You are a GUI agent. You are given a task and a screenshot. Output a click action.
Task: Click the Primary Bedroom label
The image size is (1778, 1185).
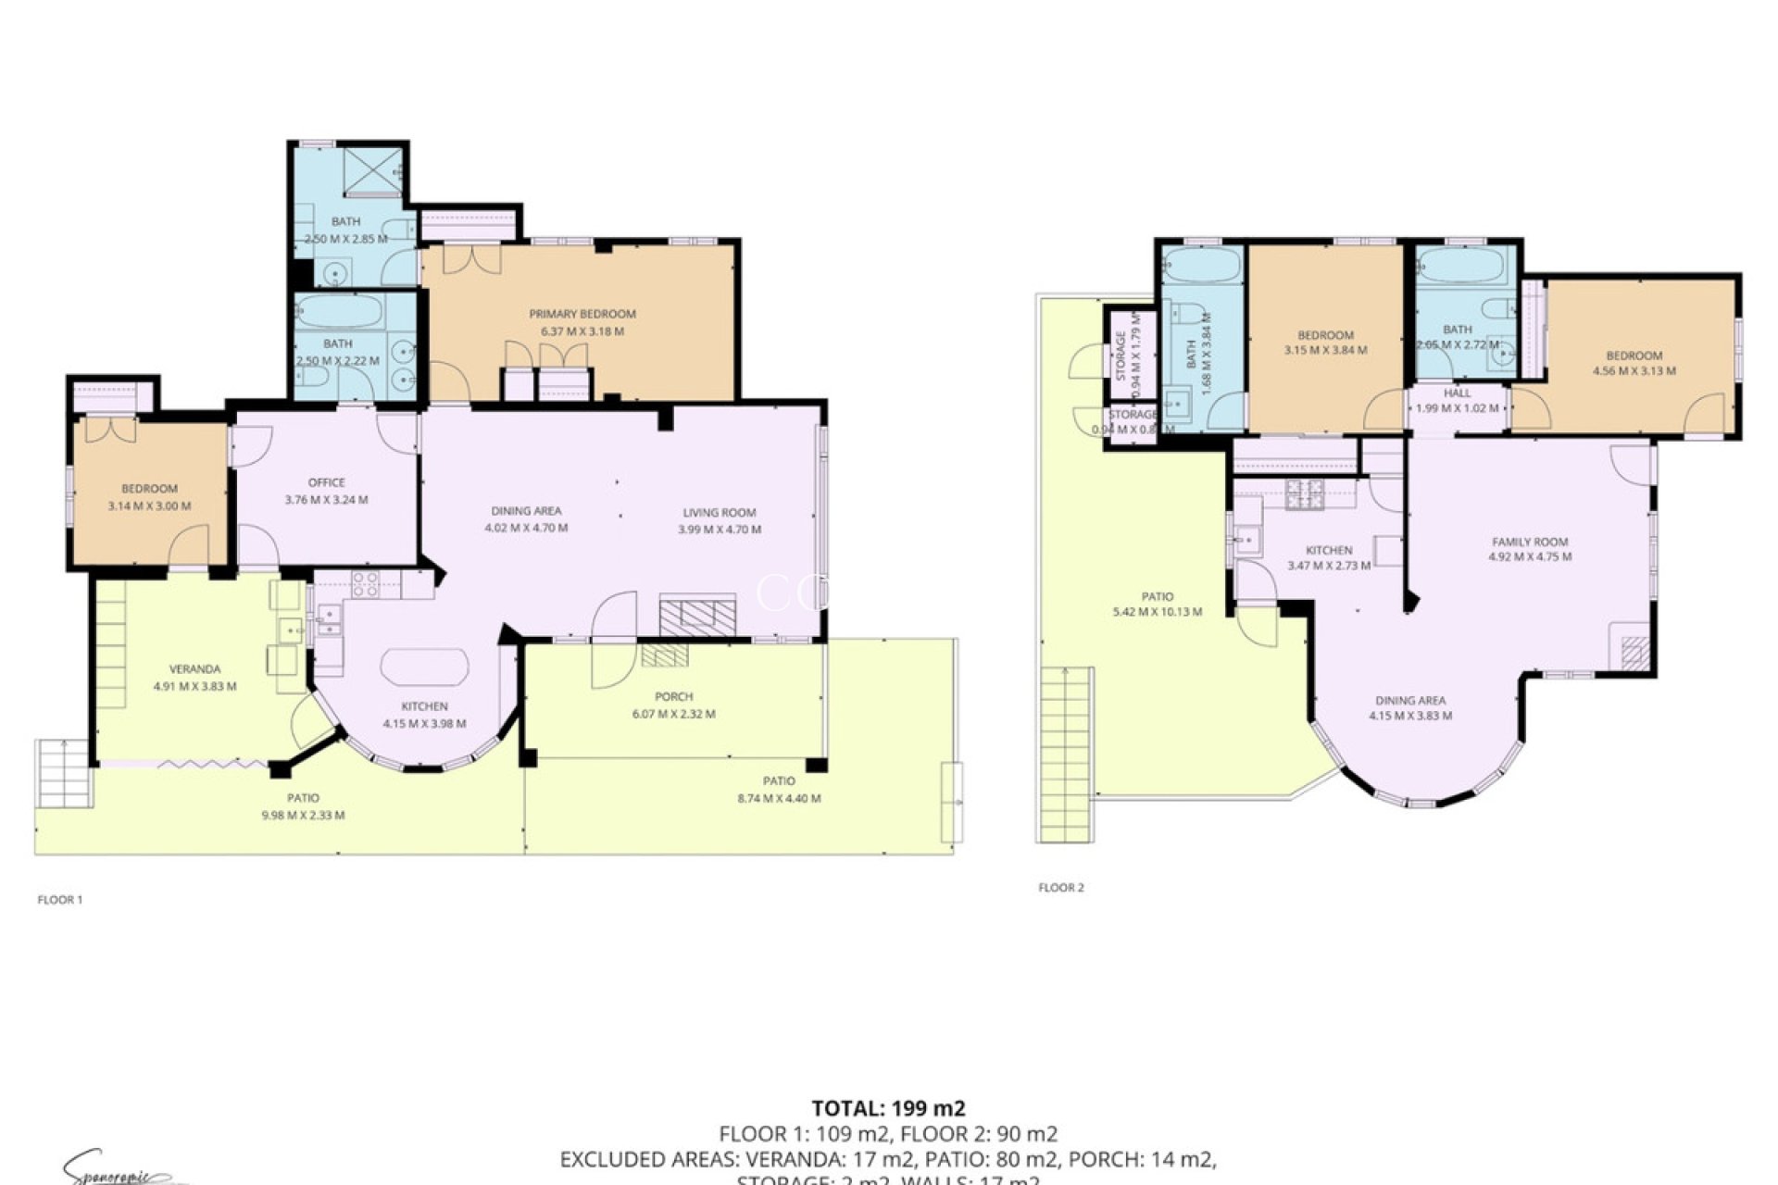tap(582, 314)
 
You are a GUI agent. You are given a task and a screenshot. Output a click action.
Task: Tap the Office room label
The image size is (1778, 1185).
tap(326, 482)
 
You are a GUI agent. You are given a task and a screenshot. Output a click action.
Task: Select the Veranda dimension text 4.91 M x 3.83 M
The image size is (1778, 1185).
tap(194, 687)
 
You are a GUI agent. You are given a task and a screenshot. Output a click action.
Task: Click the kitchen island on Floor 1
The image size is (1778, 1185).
tap(424, 667)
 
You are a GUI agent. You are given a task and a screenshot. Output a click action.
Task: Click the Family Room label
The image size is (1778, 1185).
tap(1529, 542)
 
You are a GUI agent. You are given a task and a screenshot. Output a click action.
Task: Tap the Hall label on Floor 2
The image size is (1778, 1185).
tap(1457, 393)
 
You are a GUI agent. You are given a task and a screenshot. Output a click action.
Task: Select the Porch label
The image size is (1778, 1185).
tap(673, 696)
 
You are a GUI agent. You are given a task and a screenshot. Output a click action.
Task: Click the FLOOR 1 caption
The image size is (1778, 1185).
tap(60, 899)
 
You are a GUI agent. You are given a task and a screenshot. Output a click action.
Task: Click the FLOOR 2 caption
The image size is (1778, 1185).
tap(1060, 887)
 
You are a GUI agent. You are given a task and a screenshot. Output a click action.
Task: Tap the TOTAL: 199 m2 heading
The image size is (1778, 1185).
tap(888, 1108)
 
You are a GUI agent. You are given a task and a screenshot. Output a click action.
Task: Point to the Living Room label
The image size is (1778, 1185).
tap(719, 512)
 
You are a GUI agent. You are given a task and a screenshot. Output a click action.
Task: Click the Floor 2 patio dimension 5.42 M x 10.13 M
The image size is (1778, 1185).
tap(1157, 612)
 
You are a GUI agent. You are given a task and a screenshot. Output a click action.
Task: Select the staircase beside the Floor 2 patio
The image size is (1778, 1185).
tap(1066, 755)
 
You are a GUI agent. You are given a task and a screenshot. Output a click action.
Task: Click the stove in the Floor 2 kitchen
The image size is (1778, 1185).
tap(1304, 494)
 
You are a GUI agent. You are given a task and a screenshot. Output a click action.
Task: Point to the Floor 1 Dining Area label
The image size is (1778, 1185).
tap(525, 510)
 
